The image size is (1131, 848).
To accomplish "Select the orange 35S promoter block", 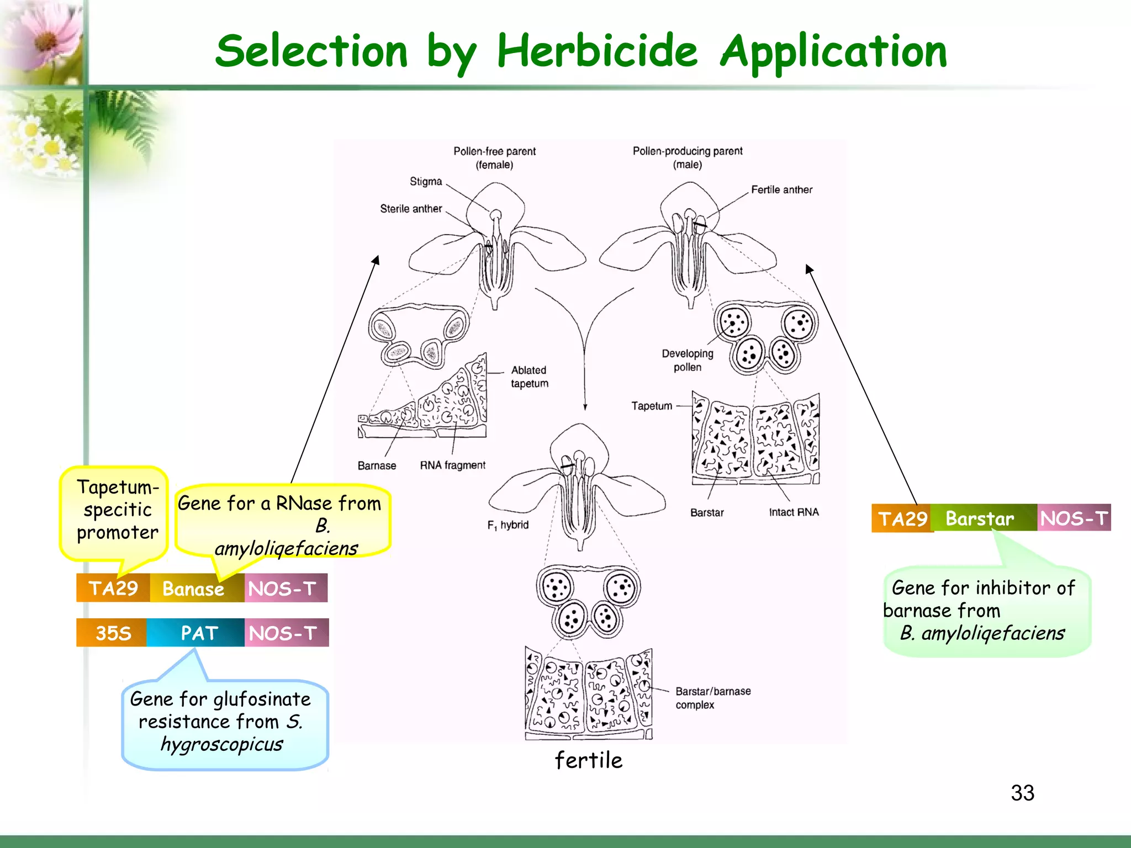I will (112, 633).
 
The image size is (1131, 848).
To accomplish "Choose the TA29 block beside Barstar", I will (901, 518).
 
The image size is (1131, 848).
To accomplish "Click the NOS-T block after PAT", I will (285, 633).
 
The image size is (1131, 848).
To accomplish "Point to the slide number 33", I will (1022, 793).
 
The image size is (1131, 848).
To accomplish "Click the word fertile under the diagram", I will (589, 760).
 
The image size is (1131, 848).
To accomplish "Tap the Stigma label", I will (426, 182).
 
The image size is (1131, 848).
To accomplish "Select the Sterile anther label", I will (411, 209).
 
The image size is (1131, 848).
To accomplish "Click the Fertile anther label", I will (781, 190).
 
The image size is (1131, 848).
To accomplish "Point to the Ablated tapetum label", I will (529, 377).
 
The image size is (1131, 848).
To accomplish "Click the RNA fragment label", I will (452, 465).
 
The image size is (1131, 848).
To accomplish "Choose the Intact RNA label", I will (794, 512).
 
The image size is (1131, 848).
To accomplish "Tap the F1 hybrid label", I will (508, 525).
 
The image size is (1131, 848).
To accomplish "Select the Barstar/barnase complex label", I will (712, 698).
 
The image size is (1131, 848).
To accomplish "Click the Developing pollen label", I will (688, 360).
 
